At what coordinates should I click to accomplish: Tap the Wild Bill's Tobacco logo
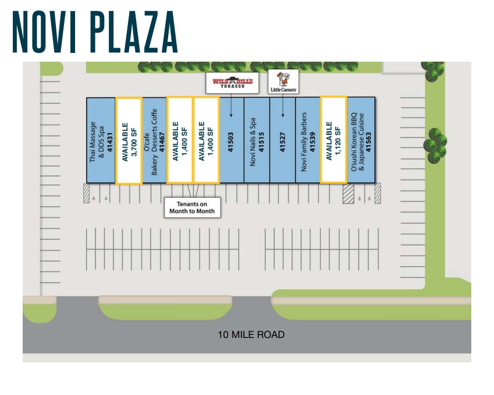232,82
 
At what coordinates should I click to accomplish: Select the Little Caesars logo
283,81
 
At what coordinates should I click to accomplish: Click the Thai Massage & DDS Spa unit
101,140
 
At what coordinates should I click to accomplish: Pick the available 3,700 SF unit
129,141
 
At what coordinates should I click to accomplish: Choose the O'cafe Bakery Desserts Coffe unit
154,140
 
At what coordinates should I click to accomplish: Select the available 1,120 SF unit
333,140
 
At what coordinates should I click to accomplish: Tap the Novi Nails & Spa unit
257,140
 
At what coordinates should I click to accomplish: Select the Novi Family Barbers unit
308,140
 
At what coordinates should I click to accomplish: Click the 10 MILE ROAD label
251,334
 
